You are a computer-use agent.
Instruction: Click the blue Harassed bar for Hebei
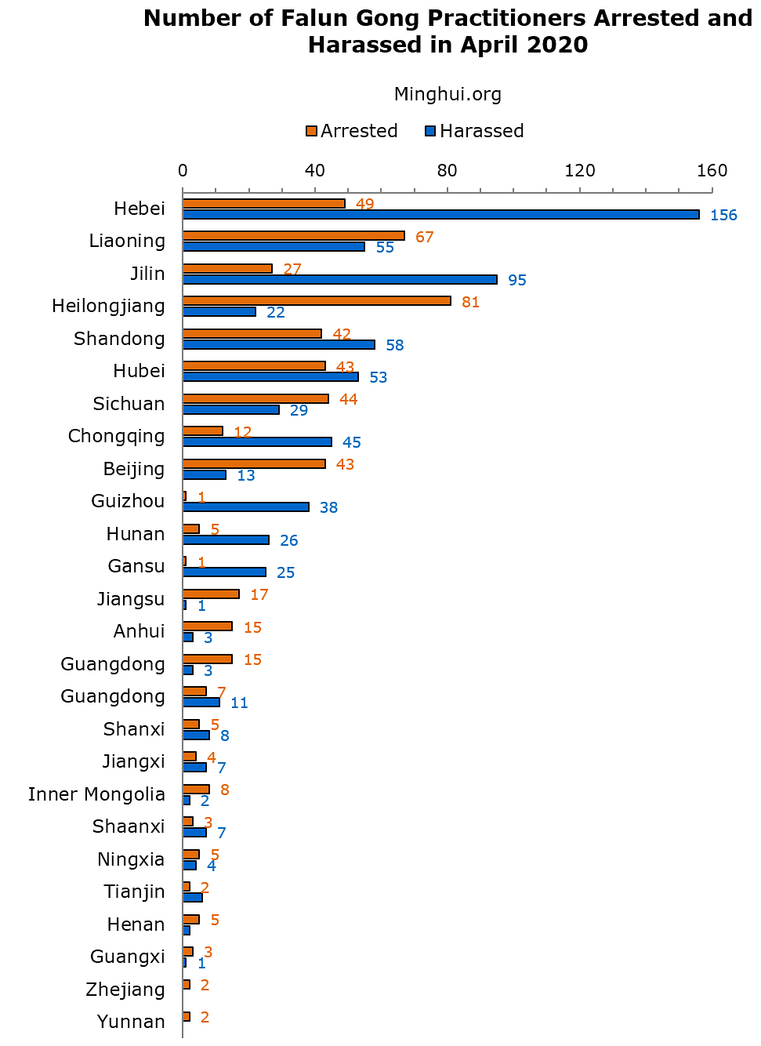click(x=440, y=215)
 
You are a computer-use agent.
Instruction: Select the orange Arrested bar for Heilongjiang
click(x=317, y=301)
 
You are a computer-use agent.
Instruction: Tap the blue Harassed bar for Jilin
click(x=339, y=280)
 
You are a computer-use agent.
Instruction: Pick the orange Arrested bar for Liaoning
click(x=293, y=236)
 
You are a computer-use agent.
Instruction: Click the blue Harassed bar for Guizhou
click(x=245, y=507)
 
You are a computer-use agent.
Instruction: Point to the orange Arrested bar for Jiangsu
click(x=211, y=594)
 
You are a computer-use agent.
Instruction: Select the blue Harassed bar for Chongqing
click(x=257, y=442)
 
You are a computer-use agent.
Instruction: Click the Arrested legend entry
click(x=352, y=131)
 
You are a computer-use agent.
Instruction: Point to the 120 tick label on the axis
click(x=580, y=171)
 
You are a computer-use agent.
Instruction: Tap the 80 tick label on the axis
click(x=448, y=171)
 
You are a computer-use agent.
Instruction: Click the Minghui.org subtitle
click(x=448, y=95)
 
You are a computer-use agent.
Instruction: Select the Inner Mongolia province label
click(x=96, y=794)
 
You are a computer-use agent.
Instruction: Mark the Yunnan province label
click(x=131, y=1022)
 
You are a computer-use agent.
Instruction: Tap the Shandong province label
click(x=119, y=339)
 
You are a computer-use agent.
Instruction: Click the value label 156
click(x=723, y=216)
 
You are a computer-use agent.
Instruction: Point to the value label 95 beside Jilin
click(x=517, y=281)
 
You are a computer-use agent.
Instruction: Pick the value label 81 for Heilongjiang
click(x=470, y=303)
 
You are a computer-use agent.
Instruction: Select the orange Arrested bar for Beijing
click(x=254, y=464)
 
